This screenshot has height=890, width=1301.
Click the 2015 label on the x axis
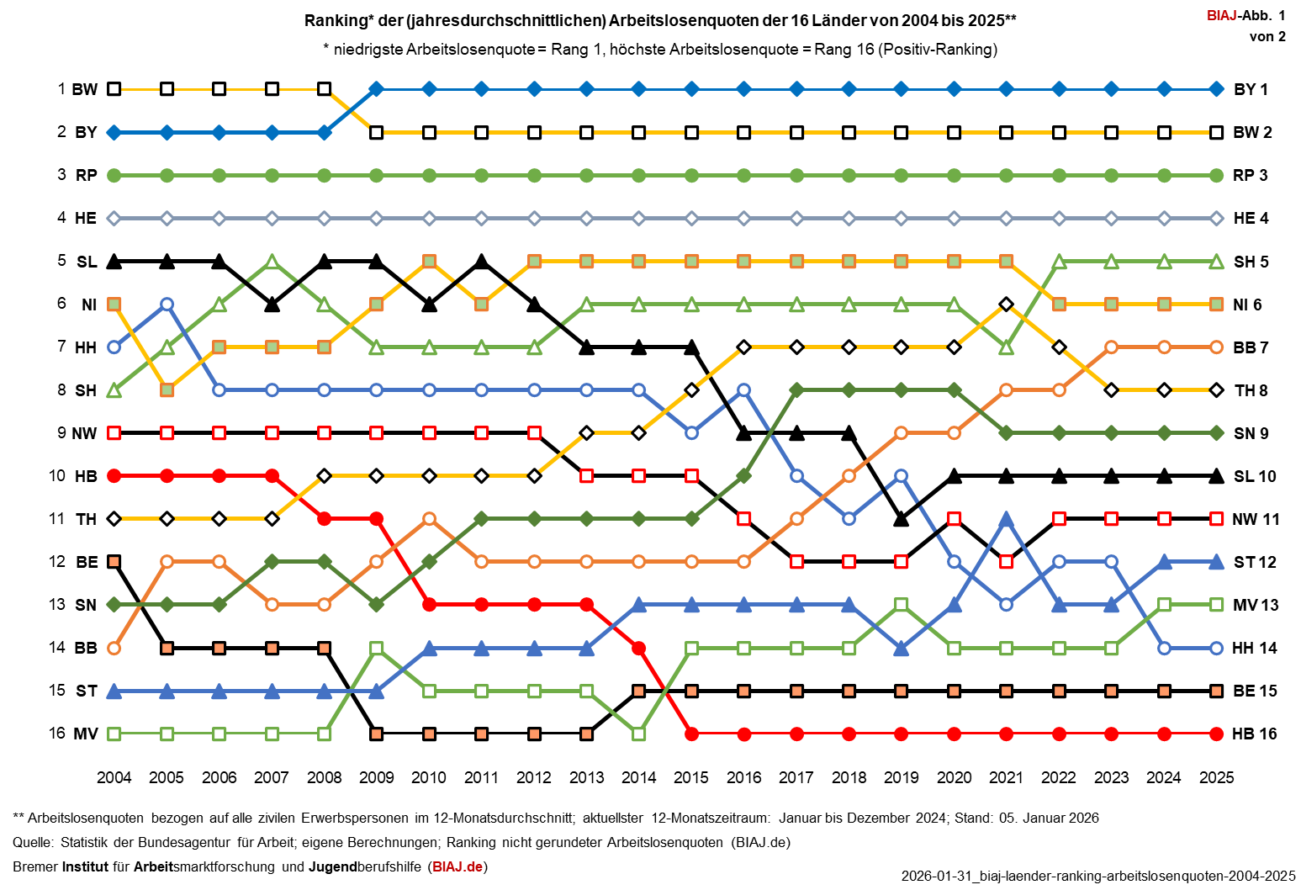click(x=690, y=777)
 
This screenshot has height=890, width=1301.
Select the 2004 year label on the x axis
click(x=114, y=777)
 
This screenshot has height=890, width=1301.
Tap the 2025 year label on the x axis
click(x=1216, y=777)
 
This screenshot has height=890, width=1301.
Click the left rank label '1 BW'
click(x=77, y=89)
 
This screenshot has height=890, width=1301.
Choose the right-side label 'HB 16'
click(x=1254, y=734)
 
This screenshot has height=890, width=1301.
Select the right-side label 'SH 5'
click(x=1251, y=262)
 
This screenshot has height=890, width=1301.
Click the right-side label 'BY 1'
click(x=1251, y=89)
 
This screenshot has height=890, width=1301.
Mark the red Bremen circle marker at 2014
click(x=638, y=648)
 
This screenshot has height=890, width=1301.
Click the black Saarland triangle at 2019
click(x=901, y=519)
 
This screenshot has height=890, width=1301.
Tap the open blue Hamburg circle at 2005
click(x=167, y=304)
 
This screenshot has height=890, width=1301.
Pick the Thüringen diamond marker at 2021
click(x=1006, y=304)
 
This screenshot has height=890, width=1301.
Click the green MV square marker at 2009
click(x=377, y=648)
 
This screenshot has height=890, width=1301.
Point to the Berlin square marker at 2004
click(x=114, y=561)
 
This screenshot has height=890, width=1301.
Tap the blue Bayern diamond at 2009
click(x=377, y=89)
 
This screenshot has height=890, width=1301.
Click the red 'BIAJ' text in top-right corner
click(x=1221, y=15)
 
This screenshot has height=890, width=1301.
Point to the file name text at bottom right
click(x=1097, y=876)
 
